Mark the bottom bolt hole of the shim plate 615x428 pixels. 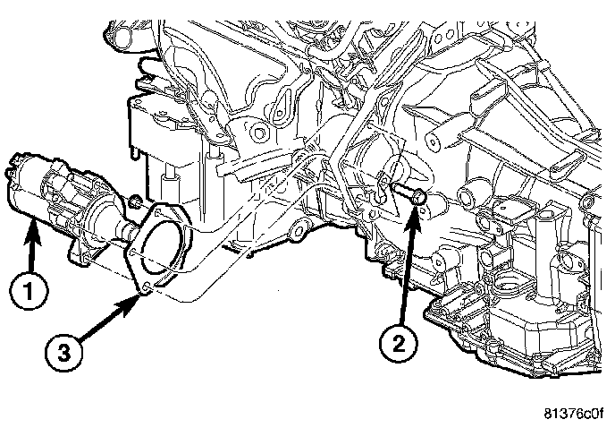(x=143, y=287)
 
